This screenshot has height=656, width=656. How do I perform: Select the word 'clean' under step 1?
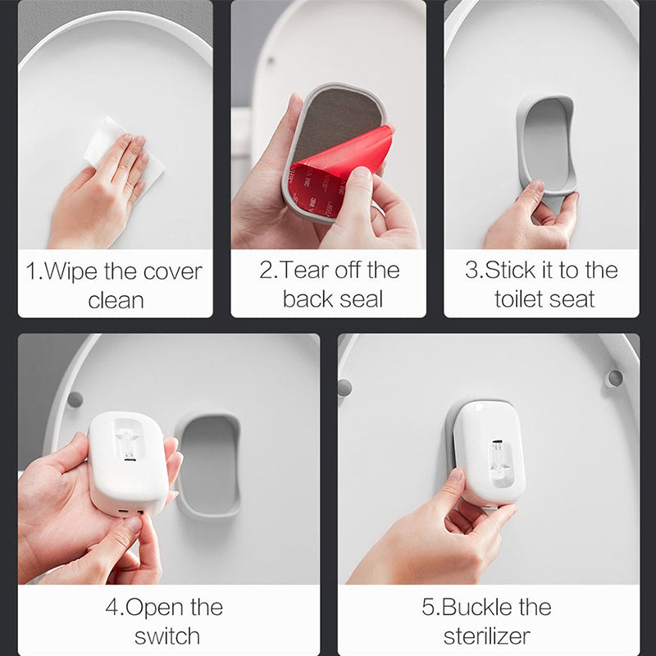[x=116, y=300]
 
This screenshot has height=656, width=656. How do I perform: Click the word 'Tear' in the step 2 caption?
[x=307, y=271]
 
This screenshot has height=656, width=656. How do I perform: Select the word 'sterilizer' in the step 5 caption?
[x=487, y=635]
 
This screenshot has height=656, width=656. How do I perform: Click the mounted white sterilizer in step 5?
[x=489, y=451]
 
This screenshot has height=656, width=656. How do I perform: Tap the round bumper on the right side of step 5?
[x=614, y=378]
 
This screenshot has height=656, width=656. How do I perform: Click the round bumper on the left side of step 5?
[x=344, y=387]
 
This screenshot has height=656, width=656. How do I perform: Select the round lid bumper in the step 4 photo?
[x=75, y=399]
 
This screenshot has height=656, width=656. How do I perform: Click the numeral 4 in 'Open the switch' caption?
[x=112, y=608]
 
